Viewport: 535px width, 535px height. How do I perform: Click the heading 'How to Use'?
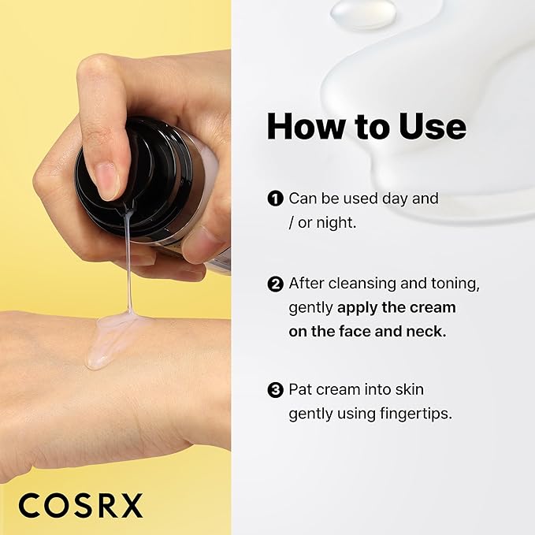(x=366, y=126)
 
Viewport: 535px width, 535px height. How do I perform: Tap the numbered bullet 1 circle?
(x=275, y=199)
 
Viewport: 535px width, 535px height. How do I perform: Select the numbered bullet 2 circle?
(x=275, y=283)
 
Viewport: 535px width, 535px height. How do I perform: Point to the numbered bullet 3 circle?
(x=275, y=389)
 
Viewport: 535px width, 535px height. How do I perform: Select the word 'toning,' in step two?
(x=452, y=283)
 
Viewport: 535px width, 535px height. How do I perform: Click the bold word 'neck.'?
(x=424, y=332)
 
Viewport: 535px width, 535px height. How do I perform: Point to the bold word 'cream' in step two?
(x=435, y=307)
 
